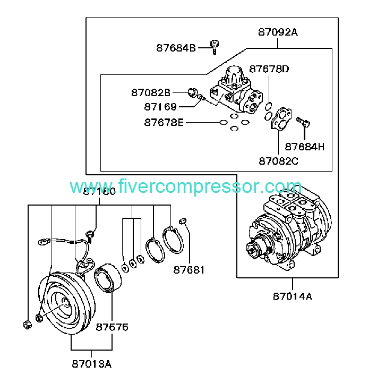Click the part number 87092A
pyautogui.click(x=278, y=32)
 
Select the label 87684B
pyautogui.click(x=176, y=48)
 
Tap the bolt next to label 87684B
pyautogui.click(x=215, y=46)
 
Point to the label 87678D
pyautogui.click(x=269, y=69)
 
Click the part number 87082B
pyautogui.click(x=151, y=92)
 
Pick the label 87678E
pyautogui.click(x=164, y=123)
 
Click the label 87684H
pyautogui.click(x=304, y=146)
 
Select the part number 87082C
pyautogui.click(x=278, y=160)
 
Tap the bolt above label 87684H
pyautogui.click(x=303, y=121)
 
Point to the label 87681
pyautogui.click(x=188, y=270)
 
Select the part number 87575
pyautogui.click(x=112, y=327)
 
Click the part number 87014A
pyautogui.click(x=293, y=296)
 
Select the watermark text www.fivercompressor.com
pyautogui.click(x=186, y=187)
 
